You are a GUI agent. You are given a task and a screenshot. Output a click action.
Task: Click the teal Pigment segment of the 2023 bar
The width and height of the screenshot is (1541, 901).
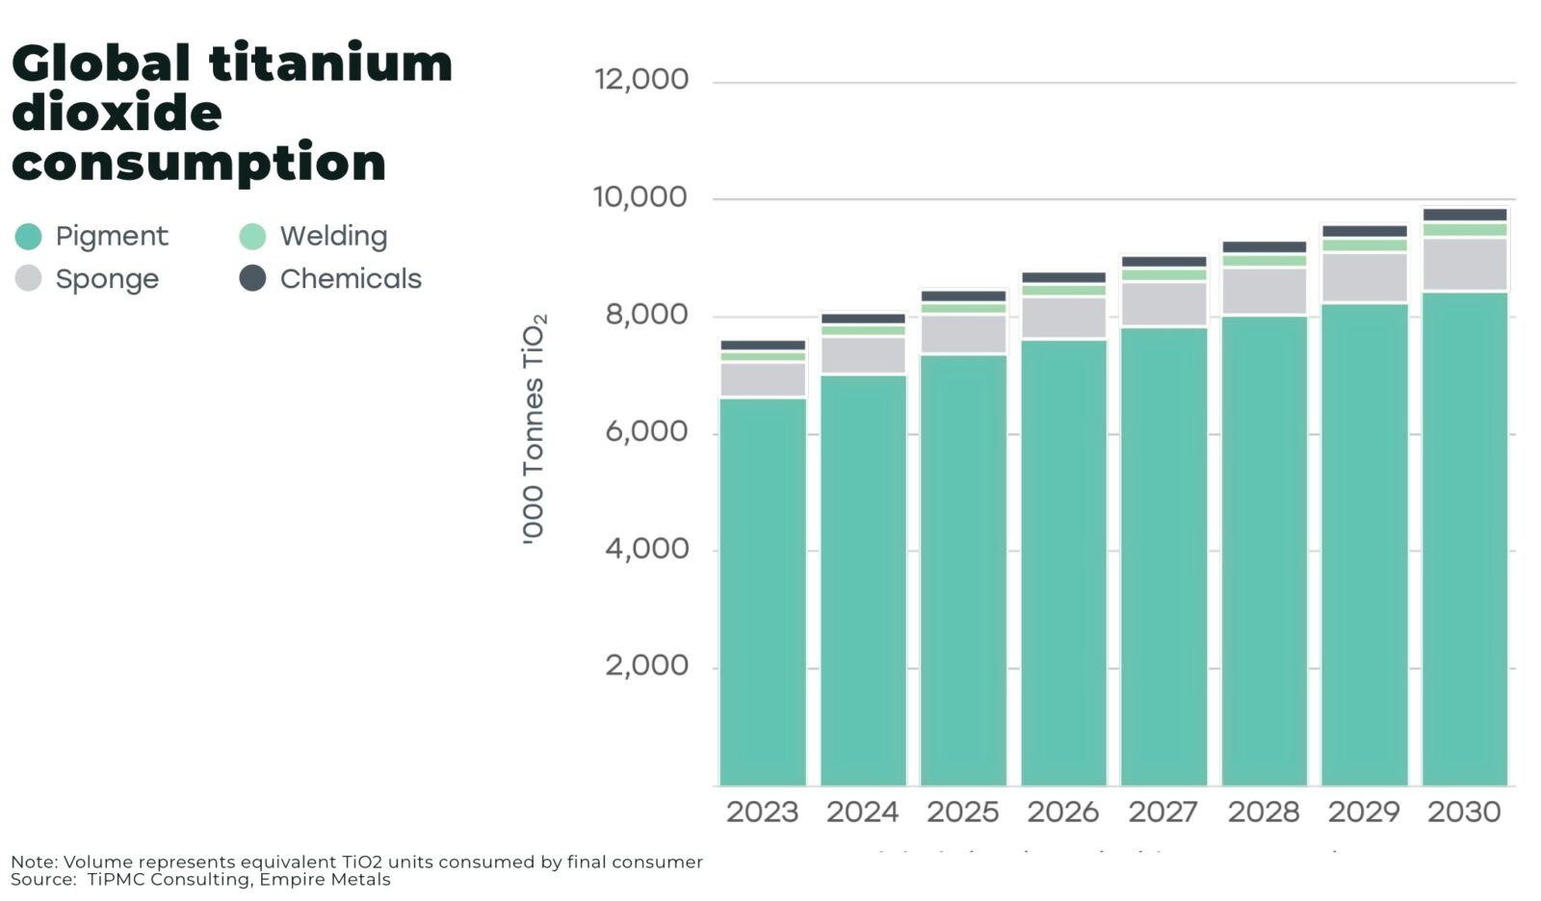pyautogui.click(x=763, y=592)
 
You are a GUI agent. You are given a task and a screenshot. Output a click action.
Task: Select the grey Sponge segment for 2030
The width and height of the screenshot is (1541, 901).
pyautogui.click(x=1464, y=265)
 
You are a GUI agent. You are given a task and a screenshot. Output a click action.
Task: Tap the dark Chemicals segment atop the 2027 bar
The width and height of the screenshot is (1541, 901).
pyautogui.click(x=1163, y=262)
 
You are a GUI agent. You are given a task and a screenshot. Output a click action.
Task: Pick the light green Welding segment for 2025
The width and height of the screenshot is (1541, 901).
pyautogui.click(x=963, y=309)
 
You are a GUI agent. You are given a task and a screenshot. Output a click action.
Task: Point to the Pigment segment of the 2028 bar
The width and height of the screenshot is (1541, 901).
pyautogui.click(x=1264, y=551)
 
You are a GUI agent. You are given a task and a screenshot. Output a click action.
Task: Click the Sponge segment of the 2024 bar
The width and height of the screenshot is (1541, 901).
pyautogui.click(x=863, y=355)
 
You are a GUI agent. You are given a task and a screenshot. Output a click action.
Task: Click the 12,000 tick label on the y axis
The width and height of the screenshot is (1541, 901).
pyautogui.click(x=641, y=80)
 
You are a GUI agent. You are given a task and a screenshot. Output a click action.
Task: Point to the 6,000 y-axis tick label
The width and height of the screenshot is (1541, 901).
pyautogui.click(x=647, y=431)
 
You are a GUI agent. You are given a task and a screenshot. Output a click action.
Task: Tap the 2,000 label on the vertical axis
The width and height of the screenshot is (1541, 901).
pyautogui.click(x=647, y=665)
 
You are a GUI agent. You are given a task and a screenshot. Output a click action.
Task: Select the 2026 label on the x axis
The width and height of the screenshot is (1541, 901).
pyautogui.click(x=1063, y=812)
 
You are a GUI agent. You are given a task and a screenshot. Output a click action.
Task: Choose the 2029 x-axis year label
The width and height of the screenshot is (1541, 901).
pyautogui.click(x=1364, y=812)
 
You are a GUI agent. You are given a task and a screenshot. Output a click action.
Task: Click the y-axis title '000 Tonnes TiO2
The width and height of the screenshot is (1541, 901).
pyautogui.click(x=535, y=428)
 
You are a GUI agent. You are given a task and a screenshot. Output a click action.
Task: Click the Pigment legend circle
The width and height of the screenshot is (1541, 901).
pyautogui.click(x=29, y=236)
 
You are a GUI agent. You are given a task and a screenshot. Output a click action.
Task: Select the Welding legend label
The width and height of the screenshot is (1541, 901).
pyautogui.click(x=333, y=236)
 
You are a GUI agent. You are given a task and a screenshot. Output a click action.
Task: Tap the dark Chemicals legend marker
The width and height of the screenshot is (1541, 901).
pyautogui.click(x=252, y=278)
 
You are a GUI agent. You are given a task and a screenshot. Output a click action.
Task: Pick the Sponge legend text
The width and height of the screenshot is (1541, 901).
pyautogui.click(x=107, y=279)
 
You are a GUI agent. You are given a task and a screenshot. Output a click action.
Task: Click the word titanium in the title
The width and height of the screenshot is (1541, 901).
pyautogui.click(x=330, y=64)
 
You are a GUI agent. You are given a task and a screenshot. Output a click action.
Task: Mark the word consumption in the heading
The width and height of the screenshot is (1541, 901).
pyautogui.click(x=198, y=163)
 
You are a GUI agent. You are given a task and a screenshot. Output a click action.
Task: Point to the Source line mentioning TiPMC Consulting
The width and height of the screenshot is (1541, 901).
pyautogui.click(x=200, y=880)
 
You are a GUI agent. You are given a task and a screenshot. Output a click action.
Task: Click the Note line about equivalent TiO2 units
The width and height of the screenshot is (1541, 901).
pyautogui.click(x=356, y=862)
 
